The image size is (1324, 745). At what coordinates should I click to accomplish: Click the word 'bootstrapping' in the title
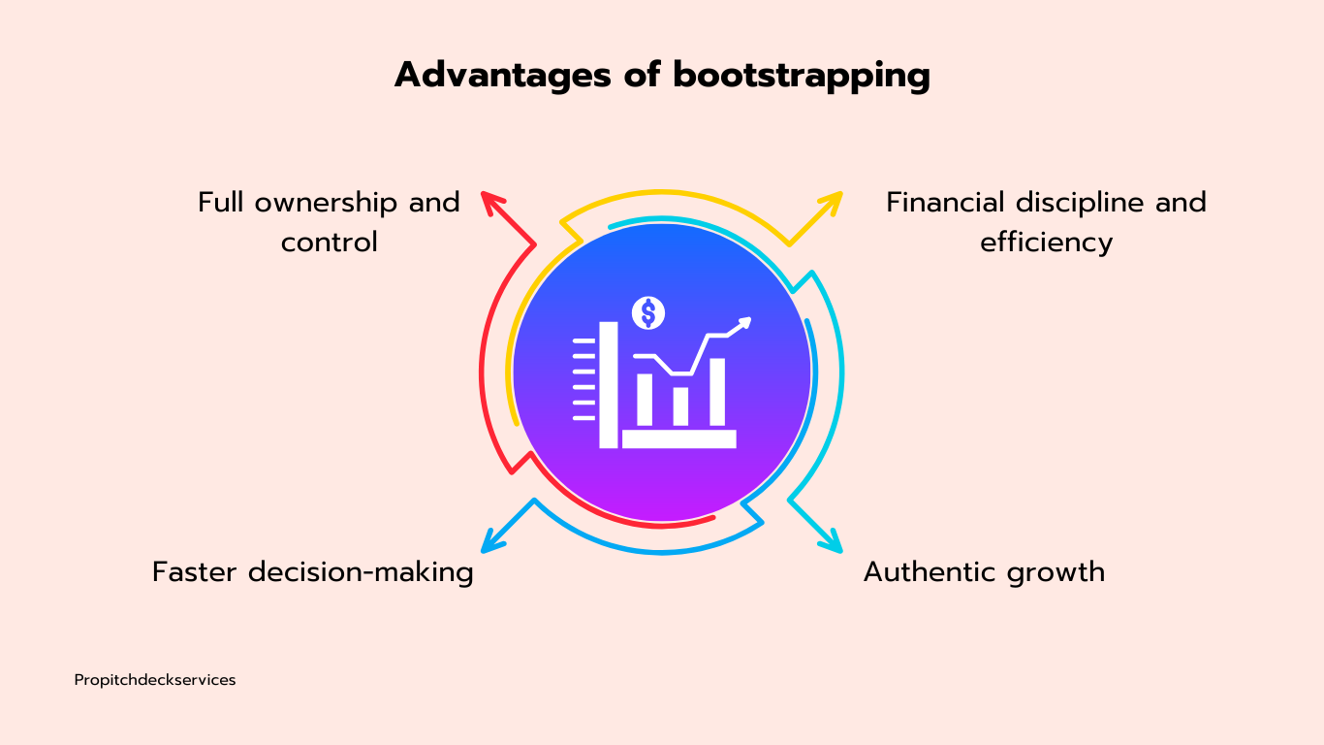coord(802,75)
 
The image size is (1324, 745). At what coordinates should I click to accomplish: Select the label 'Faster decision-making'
coord(312,572)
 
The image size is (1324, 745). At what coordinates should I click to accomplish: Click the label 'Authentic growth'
coord(984,572)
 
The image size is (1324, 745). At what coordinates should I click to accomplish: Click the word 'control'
coord(329,242)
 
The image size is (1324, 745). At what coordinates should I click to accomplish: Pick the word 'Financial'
coord(945,203)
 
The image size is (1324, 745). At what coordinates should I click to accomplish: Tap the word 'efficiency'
coord(1046,242)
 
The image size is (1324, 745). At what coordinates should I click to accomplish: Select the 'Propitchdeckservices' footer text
coord(155,680)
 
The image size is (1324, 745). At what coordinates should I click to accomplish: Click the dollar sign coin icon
coord(648,312)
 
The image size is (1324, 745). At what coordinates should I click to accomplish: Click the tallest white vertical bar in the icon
coord(609,384)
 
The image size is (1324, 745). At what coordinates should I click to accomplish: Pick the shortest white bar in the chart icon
coord(680,406)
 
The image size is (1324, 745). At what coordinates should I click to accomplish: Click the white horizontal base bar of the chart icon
coord(678,438)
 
